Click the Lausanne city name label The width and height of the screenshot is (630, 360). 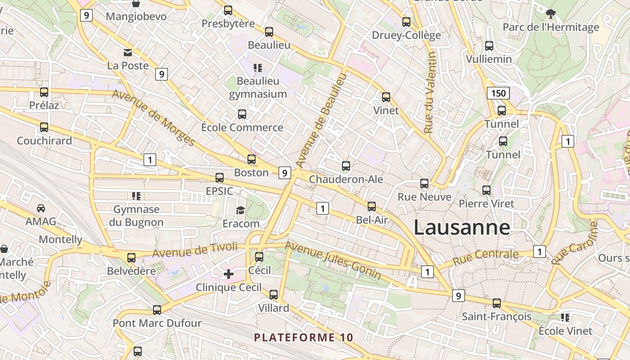pos(462,227)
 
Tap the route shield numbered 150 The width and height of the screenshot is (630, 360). pos(498,93)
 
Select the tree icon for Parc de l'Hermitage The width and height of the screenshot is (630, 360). pos(550,13)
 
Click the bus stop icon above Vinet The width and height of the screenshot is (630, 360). pos(386,97)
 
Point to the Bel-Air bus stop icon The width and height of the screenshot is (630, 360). pos(371,207)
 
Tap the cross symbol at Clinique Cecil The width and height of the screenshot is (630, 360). pos(229,274)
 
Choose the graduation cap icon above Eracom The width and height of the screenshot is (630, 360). pos(241,210)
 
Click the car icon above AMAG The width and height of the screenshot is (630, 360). pos(41,208)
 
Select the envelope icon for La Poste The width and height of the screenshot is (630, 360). pos(128,53)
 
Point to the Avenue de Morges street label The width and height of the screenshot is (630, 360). pos(153,118)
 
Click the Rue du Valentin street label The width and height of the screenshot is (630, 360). pos(430,92)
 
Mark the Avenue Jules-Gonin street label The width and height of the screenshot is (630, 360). pos(333,261)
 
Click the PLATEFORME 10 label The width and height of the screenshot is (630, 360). pos(304,337)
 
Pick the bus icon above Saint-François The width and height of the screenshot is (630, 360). pos(496,303)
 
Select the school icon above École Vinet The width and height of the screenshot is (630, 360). pos(565,318)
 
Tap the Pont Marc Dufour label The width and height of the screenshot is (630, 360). pos(157,323)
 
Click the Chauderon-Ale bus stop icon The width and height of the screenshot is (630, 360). pos(346,166)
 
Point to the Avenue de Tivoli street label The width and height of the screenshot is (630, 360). pos(195,250)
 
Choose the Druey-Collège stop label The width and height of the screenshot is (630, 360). pos(406,35)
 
